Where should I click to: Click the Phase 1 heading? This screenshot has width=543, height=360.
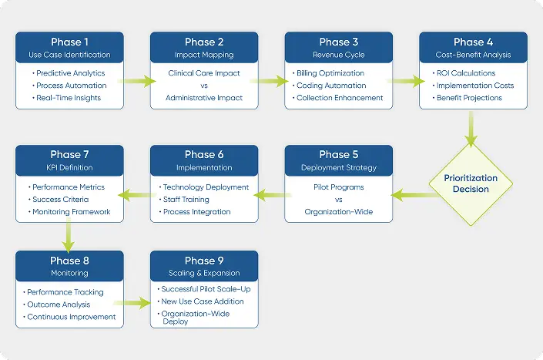click(x=69, y=42)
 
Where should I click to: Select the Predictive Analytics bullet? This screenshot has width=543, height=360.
click(x=70, y=73)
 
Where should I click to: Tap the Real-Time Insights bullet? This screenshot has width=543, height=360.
click(x=69, y=98)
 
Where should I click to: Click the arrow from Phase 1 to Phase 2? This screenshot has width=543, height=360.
click(x=136, y=79)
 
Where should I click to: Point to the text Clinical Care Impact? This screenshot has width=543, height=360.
click(x=204, y=73)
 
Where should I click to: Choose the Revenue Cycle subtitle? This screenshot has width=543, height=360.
click(x=339, y=55)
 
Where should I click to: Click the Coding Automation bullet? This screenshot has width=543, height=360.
click(x=340, y=86)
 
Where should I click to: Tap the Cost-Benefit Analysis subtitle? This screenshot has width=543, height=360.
click(x=473, y=55)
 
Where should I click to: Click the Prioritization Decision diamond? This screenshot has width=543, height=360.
click(x=471, y=183)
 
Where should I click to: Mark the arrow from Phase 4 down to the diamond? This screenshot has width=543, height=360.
click(x=471, y=128)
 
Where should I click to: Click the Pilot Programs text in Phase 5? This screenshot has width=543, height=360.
click(x=339, y=187)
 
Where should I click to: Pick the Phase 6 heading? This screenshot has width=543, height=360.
click(x=204, y=155)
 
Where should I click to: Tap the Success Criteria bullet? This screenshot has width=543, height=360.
click(x=62, y=200)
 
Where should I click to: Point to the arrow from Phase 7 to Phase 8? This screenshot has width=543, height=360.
click(x=69, y=236)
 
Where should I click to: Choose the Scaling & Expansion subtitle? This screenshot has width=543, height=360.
click(x=204, y=273)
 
